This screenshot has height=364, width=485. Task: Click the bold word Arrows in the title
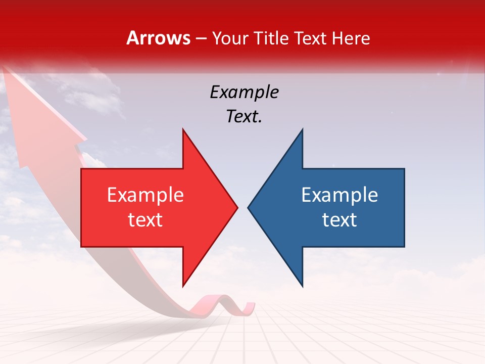158,38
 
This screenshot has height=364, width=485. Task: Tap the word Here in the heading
351,38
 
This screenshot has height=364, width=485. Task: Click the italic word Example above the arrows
244,92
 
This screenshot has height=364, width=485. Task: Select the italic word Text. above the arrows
244,117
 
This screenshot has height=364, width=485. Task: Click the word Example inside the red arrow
145,195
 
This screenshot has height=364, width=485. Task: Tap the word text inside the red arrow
145,220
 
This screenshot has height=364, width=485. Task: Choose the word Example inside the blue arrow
339,195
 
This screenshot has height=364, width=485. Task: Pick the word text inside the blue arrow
339,220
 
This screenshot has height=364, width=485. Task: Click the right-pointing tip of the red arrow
236,207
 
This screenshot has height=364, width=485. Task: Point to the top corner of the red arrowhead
183,130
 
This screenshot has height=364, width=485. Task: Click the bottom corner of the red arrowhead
183,286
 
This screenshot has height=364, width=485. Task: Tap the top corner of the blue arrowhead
302,130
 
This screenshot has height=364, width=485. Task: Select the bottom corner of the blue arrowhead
302,286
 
